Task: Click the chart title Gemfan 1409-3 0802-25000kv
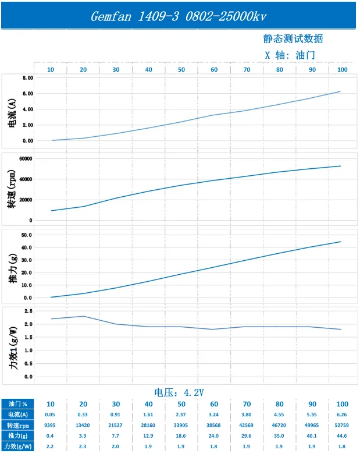point(179,16)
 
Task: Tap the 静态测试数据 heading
point(293,38)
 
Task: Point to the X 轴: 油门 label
point(290,55)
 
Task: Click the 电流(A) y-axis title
point(12,113)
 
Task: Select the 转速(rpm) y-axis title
point(12,189)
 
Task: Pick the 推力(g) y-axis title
point(13,268)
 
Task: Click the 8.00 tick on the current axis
point(28,78)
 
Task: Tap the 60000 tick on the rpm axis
point(26,158)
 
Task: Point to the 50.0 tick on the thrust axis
point(27,235)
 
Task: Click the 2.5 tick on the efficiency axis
point(28,311)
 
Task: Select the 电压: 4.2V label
point(179,392)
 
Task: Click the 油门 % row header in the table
point(18,404)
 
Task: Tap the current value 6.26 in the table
point(341,415)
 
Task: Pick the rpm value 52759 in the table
point(341,425)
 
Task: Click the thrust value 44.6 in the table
point(341,435)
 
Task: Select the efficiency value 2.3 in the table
point(83,446)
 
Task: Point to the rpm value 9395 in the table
point(50,425)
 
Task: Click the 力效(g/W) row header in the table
point(18,446)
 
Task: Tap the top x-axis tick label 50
point(181,70)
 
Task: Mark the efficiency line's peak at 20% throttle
point(84,316)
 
